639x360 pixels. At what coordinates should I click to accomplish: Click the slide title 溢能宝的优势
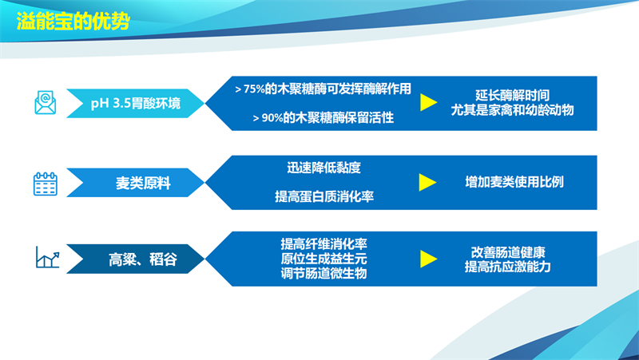[73, 19]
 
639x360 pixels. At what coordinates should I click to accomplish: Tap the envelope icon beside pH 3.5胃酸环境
[45, 103]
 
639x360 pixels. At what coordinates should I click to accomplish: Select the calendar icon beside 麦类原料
[45, 184]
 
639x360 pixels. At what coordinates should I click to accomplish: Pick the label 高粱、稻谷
[143, 259]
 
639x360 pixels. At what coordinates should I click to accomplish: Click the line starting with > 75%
[323, 89]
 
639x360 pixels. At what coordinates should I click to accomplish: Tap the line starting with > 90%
[323, 118]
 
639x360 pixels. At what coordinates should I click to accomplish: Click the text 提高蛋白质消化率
[323, 196]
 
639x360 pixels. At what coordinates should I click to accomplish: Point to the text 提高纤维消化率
[323, 243]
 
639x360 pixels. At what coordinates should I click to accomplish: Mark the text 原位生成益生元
[323, 259]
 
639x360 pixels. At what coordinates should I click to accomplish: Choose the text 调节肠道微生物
[323, 275]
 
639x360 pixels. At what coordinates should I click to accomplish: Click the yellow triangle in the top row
[428, 103]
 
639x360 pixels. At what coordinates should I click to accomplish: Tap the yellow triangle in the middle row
[428, 183]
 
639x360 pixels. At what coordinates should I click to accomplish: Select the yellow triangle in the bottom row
[428, 259]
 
